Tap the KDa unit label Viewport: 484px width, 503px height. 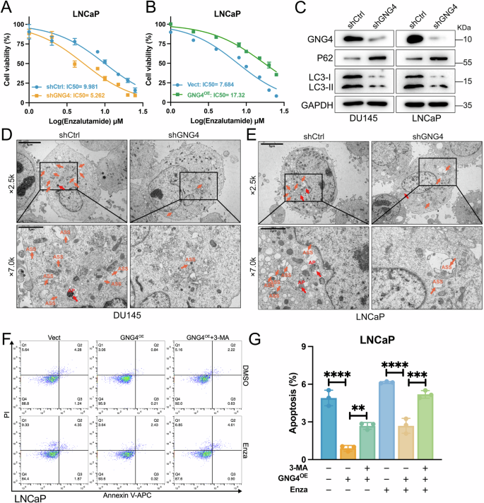pos(466,25)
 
